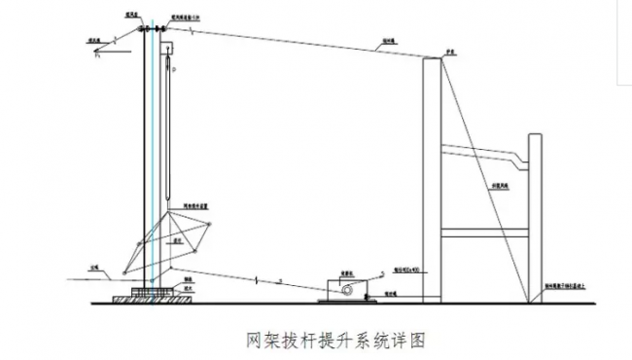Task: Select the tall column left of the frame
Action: tap(433, 175)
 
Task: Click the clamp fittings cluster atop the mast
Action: tap(152, 32)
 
